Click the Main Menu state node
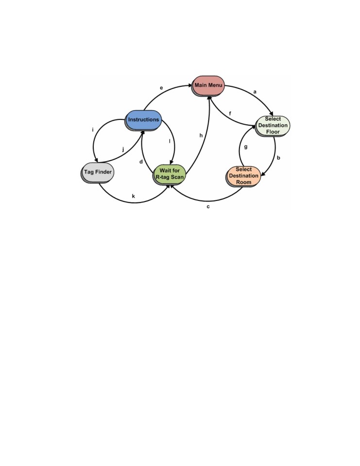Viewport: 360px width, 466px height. point(208,85)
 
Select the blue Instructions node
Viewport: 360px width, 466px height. point(143,120)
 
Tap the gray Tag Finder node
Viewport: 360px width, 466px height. point(97,172)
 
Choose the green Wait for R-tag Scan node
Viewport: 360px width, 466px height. point(169,174)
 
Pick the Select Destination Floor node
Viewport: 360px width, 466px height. point(273,126)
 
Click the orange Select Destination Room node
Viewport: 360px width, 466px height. point(243,176)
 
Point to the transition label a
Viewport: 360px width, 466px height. point(255,92)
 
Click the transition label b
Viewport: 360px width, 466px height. point(278,158)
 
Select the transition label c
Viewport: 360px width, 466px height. point(208,207)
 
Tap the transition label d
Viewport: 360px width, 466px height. point(141,162)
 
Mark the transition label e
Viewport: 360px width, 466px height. point(161,88)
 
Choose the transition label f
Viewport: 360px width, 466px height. point(230,114)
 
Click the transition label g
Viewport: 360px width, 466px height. point(246,147)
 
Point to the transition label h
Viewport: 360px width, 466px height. point(201,135)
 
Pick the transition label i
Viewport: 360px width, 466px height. point(93,130)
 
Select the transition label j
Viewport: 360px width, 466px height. point(123,149)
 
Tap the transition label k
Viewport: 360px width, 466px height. point(133,196)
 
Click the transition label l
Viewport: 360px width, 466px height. point(170,141)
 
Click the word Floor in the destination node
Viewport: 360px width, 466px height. point(273,132)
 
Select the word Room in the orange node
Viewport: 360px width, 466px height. point(244,182)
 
